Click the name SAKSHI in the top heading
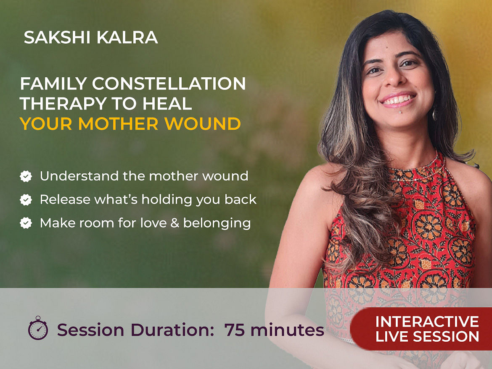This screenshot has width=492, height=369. [57, 37]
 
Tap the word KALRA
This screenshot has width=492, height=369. [127, 37]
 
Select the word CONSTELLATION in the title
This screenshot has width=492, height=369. [169, 84]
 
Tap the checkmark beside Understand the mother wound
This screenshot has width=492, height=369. [26, 176]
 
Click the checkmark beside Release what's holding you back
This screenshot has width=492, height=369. [26, 200]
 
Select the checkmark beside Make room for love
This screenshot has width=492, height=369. [26, 223]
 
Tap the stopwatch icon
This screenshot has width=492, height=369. [38, 328]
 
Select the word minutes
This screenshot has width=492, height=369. [287, 330]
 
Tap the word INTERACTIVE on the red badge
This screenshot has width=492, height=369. [427, 322]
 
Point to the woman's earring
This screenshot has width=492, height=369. [434, 115]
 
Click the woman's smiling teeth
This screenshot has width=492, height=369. [397, 100]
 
